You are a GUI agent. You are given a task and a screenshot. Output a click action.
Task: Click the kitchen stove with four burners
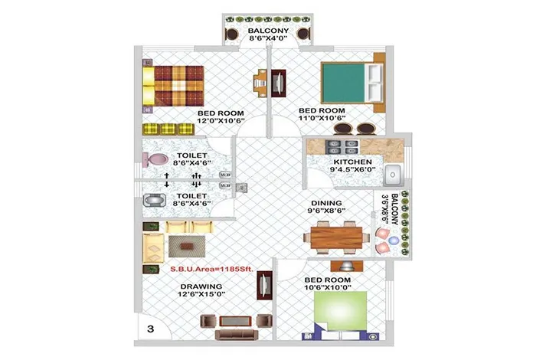point(342,147)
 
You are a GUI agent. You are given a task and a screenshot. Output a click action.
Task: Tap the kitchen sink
point(393,175)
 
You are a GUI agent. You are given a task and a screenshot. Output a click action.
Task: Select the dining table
point(336,237)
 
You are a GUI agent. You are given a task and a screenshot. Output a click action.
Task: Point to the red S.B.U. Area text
point(212,269)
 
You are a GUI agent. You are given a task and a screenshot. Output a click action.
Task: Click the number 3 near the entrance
point(151,329)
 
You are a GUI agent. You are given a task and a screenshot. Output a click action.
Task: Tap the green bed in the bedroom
point(352,83)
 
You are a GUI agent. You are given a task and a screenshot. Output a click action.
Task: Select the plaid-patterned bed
point(173,86)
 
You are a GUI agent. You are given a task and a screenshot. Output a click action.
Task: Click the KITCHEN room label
point(352,162)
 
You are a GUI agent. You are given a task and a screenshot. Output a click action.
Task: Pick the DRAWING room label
point(201,286)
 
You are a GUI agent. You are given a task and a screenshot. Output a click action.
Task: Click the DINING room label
point(326,203)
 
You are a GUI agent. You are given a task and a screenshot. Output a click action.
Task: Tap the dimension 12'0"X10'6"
point(221,121)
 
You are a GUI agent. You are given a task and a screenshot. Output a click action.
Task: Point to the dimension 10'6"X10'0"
point(328,287)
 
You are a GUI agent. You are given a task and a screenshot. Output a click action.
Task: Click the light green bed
point(340,310)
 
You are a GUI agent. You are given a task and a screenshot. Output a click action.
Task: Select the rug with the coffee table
point(187,247)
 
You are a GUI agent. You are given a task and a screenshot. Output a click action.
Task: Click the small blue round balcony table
point(394,241)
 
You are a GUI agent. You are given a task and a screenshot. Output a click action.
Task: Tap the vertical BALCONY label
point(394,209)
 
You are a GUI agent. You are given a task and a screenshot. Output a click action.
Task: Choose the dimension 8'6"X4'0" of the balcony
point(268,38)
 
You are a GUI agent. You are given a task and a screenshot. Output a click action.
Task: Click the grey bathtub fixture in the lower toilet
point(155,201)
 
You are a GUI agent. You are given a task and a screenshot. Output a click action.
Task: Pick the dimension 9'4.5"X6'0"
point(352,169)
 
